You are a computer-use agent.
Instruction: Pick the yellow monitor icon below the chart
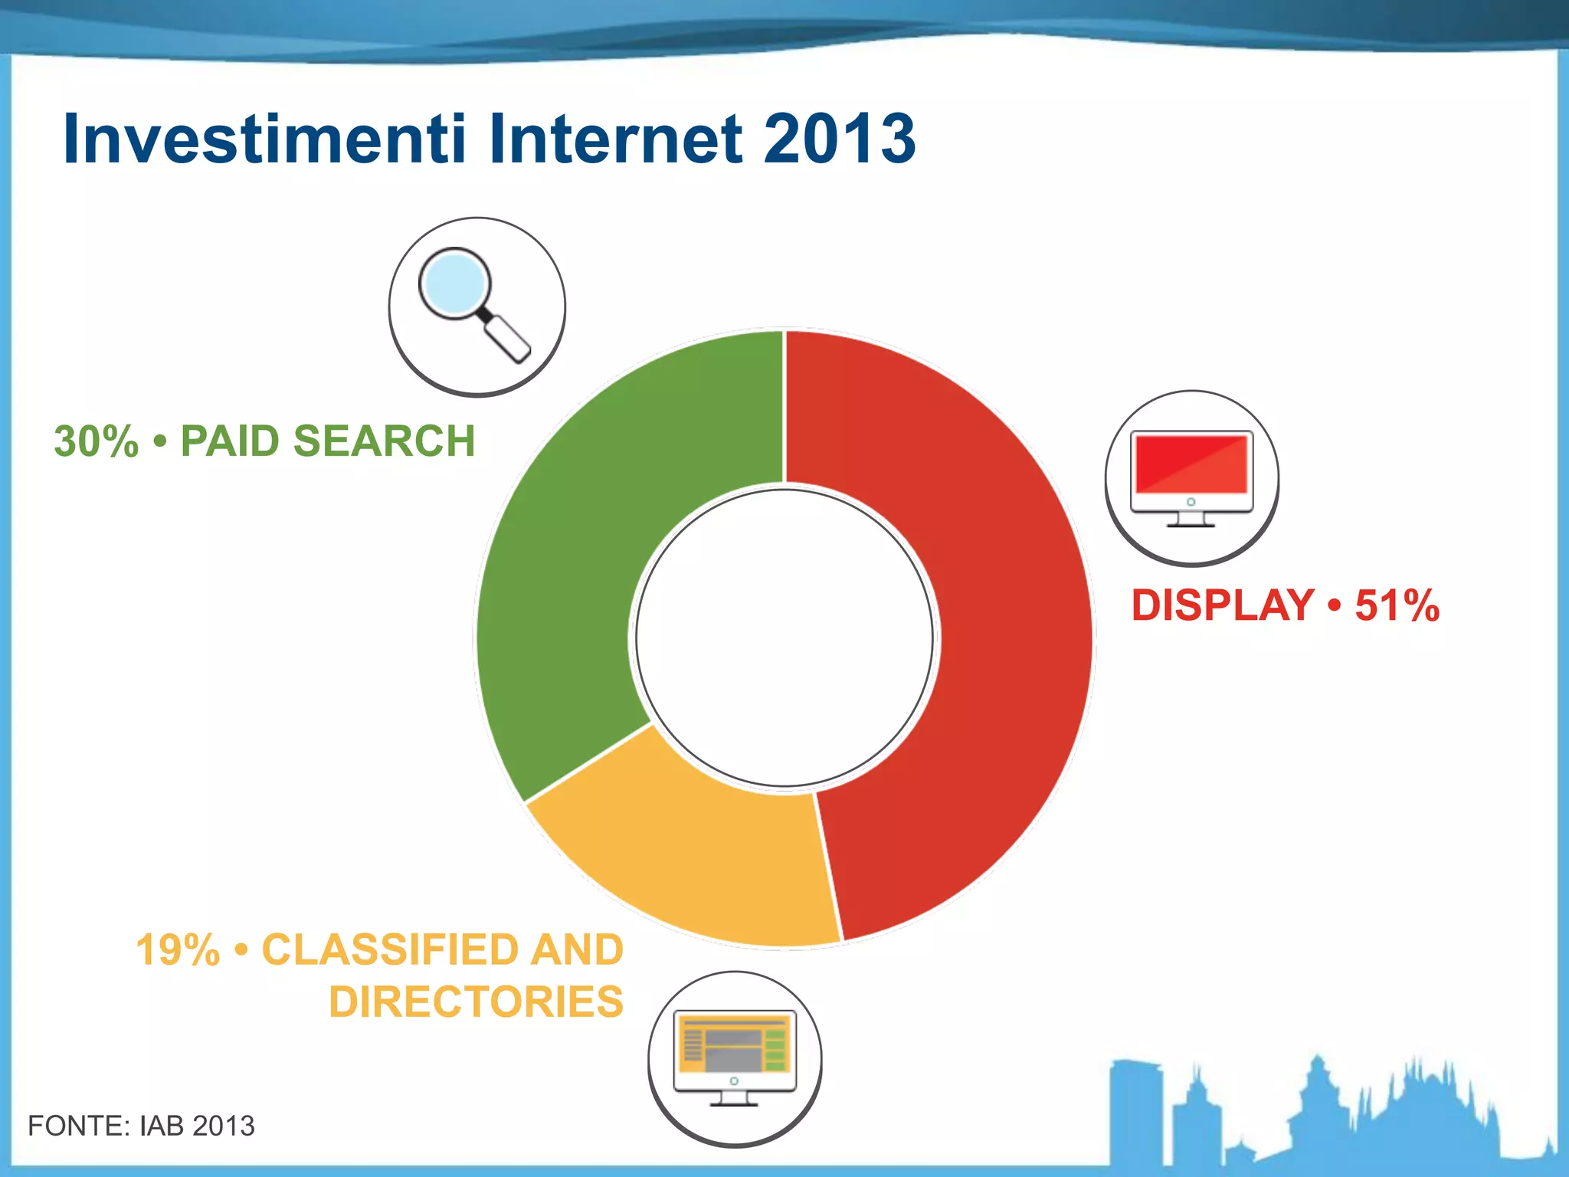[x=734, y=1057]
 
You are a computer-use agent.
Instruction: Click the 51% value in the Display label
[x=1397, y=605]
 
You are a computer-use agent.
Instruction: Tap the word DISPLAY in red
[x=1223, y=605]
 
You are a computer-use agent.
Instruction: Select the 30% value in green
[x=97, y=442]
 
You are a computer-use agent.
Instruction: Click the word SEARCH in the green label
[x=384, y=442]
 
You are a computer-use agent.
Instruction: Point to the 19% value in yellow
[x=178, y=950]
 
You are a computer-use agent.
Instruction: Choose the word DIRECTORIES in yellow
[x=476, y=1002]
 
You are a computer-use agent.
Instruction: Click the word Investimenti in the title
[x=264, y=139]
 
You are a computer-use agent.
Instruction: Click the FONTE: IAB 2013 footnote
[x=141, y=1126]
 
